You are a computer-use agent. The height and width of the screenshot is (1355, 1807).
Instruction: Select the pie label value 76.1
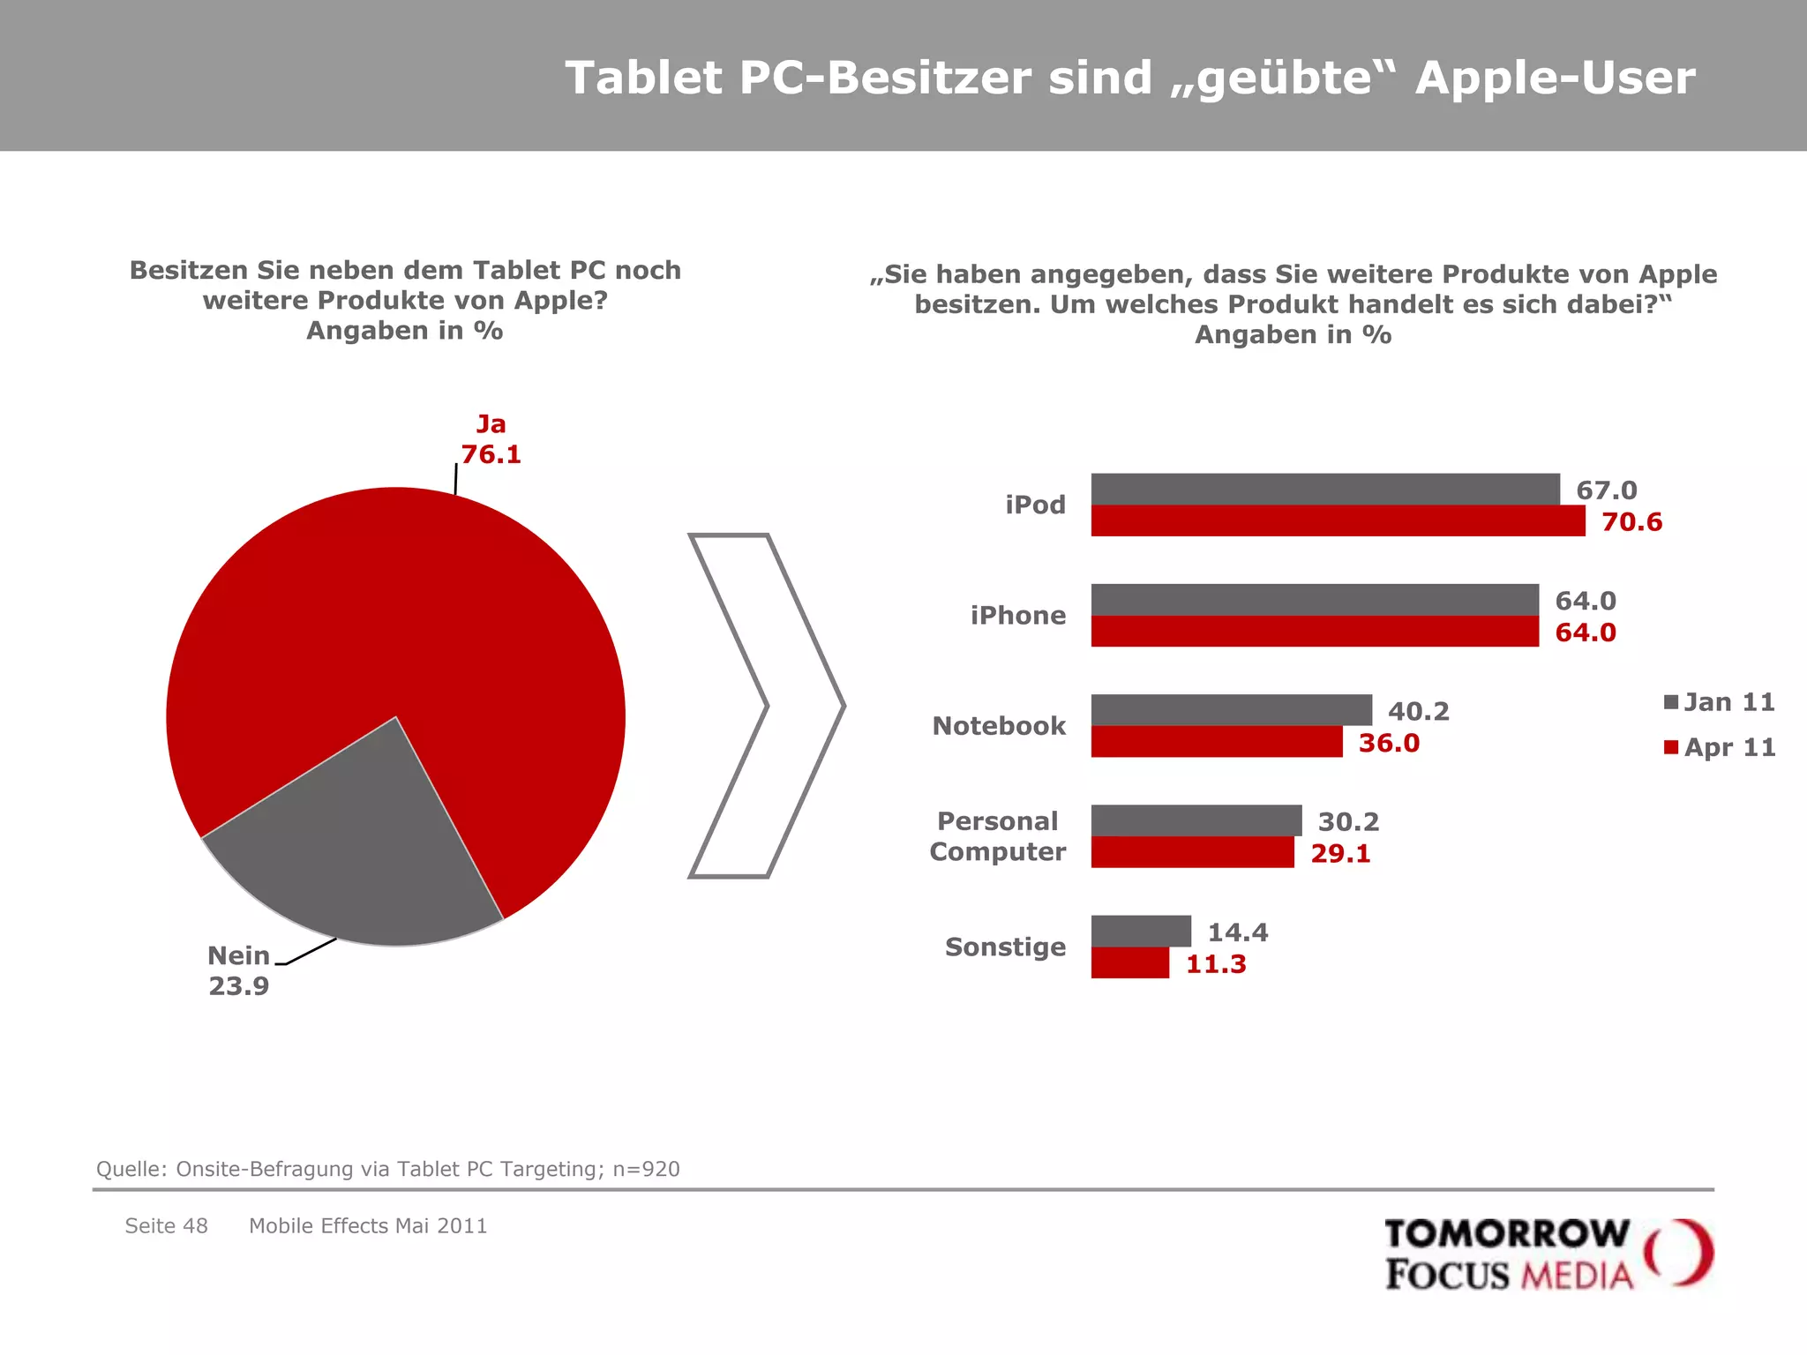[491, 454]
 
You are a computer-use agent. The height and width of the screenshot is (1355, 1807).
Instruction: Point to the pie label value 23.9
[238, 985]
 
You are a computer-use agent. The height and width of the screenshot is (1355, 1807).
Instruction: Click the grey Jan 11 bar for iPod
[1324, 489]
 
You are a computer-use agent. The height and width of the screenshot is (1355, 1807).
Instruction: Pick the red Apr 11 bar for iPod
[1337, 520]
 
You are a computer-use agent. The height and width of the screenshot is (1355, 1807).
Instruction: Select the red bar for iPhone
[1314, 631]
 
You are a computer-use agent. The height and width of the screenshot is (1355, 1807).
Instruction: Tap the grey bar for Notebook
[1231, 709]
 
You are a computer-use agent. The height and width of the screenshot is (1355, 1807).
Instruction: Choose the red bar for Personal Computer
[1191, 852]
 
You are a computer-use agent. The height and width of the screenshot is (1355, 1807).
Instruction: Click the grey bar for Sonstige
[1140, 931]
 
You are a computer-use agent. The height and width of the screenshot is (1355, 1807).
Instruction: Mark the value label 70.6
[1631, 521]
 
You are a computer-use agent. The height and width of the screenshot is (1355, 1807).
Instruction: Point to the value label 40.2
[1418, 711]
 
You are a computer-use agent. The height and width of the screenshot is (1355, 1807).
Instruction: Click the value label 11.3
[1215, 963]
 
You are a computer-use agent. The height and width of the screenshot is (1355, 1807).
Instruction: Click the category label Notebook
[998, 725]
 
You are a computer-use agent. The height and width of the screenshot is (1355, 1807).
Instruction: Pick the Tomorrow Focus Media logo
[1548, 1254]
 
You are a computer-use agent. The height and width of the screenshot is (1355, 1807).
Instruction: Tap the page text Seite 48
[166, 1225]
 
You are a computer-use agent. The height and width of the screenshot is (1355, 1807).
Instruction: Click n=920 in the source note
[646, 1169]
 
